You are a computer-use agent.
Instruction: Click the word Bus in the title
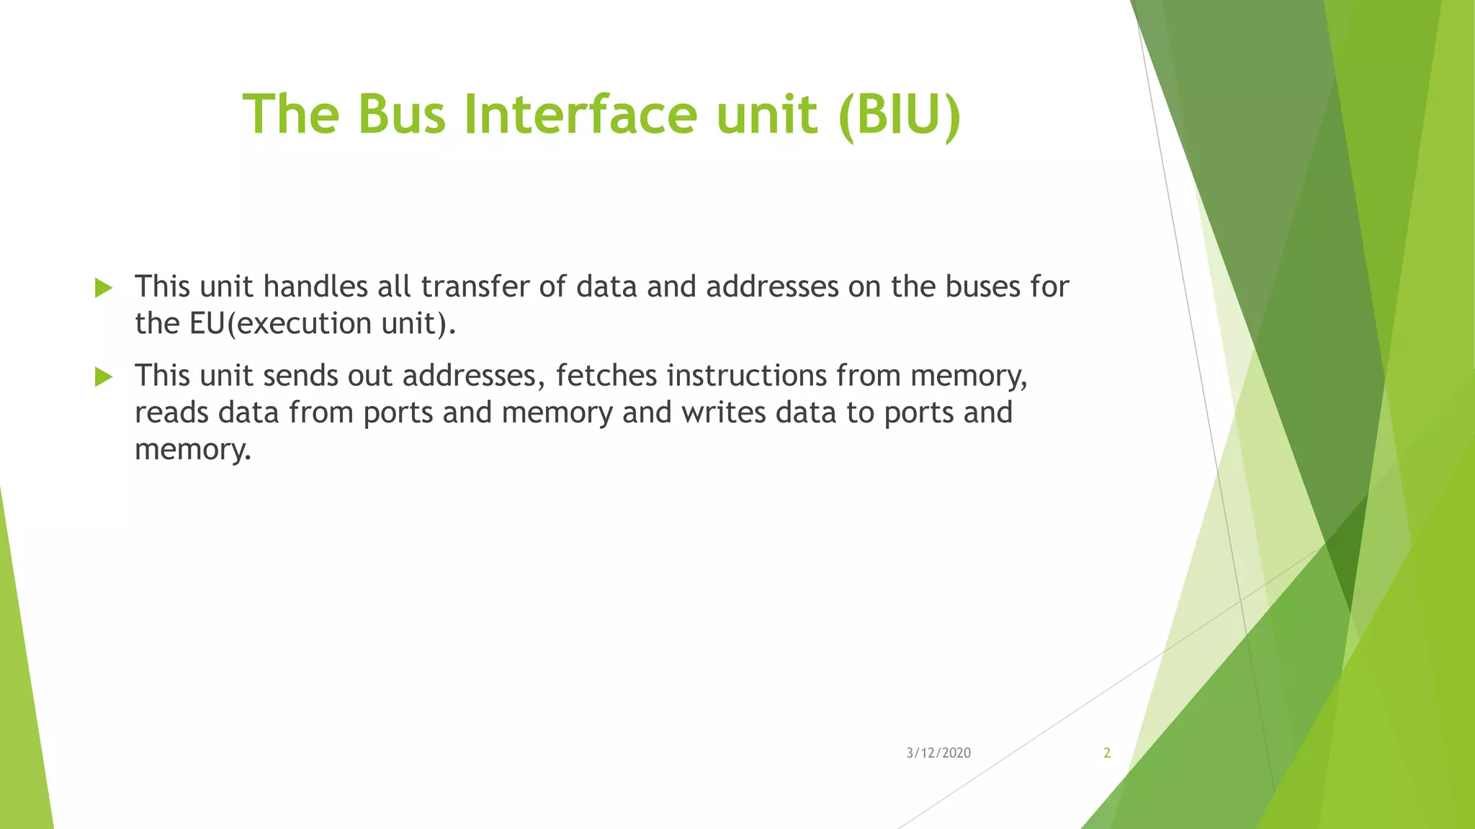402,115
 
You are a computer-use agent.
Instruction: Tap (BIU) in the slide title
900,115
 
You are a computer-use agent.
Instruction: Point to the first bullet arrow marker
104,289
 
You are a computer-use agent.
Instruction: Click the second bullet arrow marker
104,377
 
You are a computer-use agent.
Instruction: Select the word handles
315,287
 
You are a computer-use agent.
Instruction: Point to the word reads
171,413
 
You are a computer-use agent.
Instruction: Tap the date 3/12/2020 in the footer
938,753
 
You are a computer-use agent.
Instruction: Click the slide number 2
1107,753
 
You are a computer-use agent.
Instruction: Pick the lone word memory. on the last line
193,450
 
